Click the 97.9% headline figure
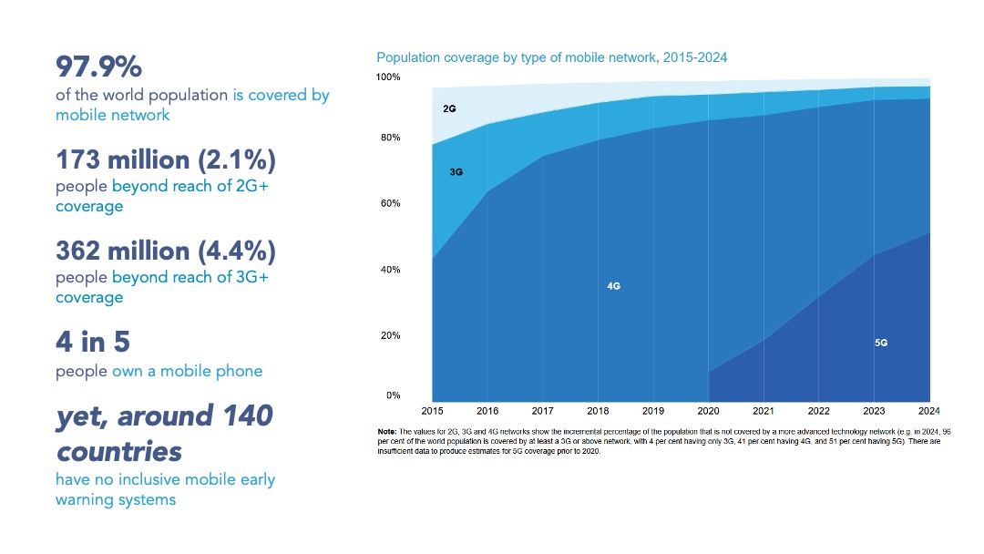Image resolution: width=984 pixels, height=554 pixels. [x=99, y=67]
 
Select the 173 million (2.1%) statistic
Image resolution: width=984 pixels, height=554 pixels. [x=165, y=160]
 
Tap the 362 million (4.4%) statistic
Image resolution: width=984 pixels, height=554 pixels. [x=165, y=251]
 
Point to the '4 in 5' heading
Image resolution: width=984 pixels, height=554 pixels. [x=94, y=343]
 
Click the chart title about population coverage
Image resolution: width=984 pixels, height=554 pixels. [x=551, y=57]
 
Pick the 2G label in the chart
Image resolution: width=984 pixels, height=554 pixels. [x=449, y=108]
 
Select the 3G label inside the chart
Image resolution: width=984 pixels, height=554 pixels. [x=456, y=171]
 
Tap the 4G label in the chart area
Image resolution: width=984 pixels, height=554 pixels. [x=613, y=286]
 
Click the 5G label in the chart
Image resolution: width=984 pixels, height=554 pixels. [x=880, y=343]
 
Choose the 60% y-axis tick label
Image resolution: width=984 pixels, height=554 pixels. [x=390, y=204]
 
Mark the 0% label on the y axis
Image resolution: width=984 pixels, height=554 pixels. [x=393, y=395]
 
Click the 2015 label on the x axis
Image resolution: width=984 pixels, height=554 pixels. [x=433, y=411]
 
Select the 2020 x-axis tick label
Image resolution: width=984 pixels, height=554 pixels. [x=708, y=411]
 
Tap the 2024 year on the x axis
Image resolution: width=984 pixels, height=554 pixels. [x=928, y=411]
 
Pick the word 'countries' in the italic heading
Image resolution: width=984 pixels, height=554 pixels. [x=118, y=451]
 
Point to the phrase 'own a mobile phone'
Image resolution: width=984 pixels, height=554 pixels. [x=187, y=371]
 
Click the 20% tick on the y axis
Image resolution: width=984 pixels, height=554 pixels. [x=390, y=335]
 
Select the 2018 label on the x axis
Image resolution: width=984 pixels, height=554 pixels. [x=598, y=411]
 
